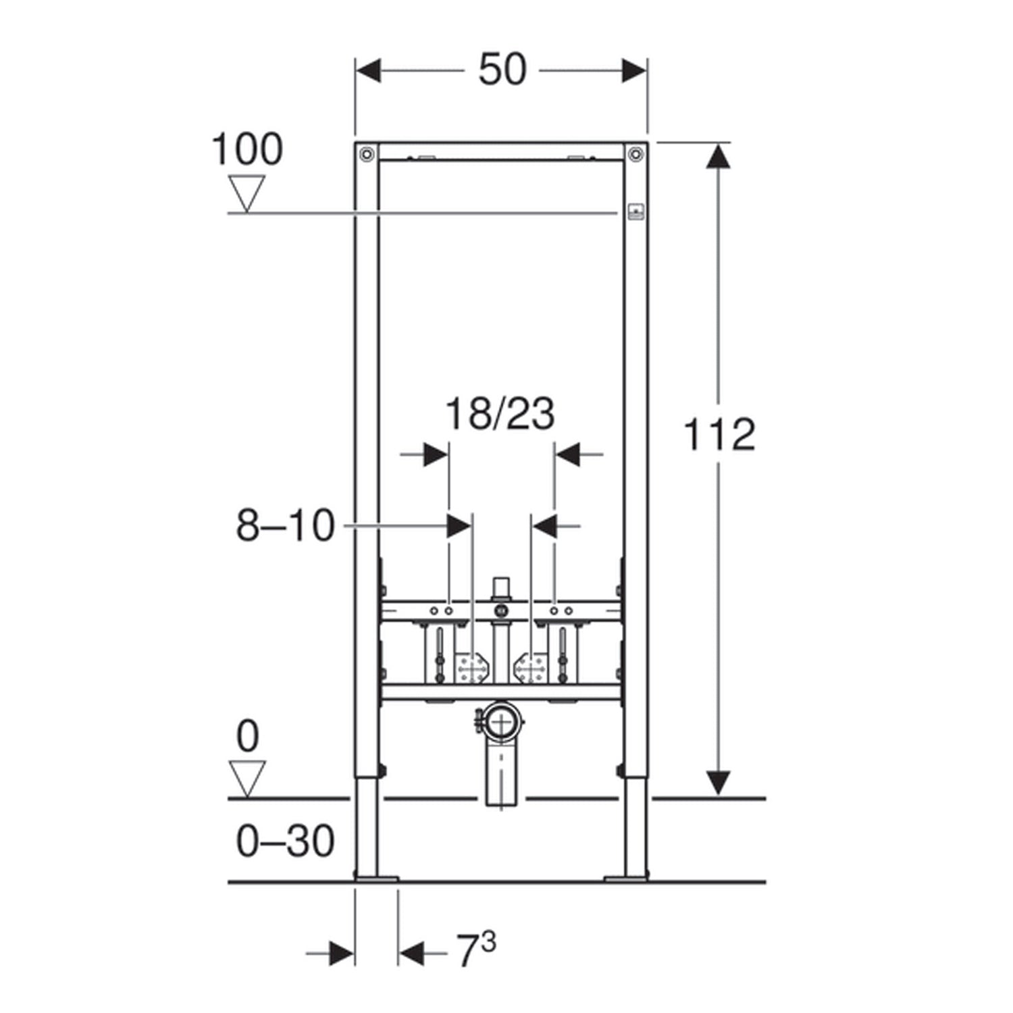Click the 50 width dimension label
502,70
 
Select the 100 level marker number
247,149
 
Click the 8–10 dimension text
285,525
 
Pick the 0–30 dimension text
285,841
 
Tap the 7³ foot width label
477,951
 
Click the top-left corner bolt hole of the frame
367,154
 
